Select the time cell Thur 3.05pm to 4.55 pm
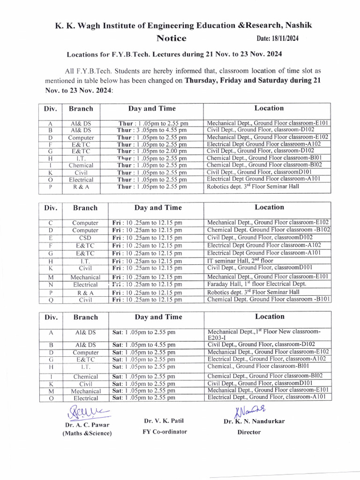[x=152, y=130]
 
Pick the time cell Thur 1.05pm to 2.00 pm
[x=152, y=151]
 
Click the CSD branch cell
[x=85, y=238]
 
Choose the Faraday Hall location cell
[x=256, y=284]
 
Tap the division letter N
[x=51, y=285]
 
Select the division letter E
[x=51, y=238]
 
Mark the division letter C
[x=51, y=223]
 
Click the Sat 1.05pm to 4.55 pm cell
[x=144, y=345]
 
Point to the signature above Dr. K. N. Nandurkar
[x=251, y=410]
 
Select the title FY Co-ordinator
[x=165, y=431]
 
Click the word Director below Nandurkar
[x=249, y=432]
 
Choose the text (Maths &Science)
[x=87, y=434]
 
